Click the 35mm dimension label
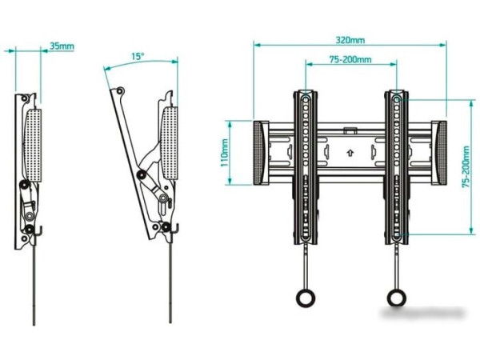[62, 46]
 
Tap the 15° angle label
[138, 57]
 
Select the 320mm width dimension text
[350, 39]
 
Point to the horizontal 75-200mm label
[350, 59]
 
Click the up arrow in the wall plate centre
[350, 149]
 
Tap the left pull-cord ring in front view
[304, 297]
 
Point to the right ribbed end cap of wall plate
[441, 152]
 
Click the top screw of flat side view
[26, 98]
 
